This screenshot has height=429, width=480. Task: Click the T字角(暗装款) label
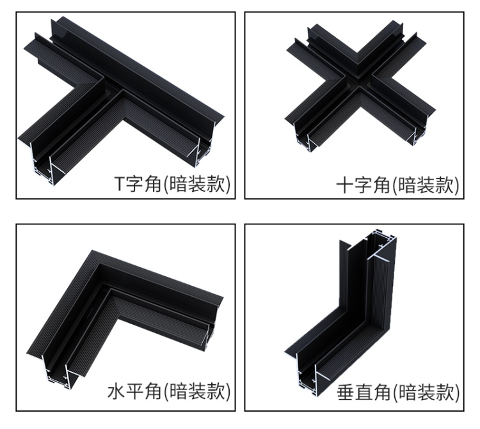(x=172, y=184)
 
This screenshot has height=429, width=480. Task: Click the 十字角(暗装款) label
(x=398, y=185)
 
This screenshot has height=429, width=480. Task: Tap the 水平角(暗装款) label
(x=169, y=392)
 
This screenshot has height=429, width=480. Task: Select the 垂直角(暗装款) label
(x=398, y=393)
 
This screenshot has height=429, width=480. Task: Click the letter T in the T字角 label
(x=120, y=183)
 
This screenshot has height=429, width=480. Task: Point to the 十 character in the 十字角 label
(x=345, y=185)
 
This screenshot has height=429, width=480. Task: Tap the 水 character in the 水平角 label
(x=116, y=392)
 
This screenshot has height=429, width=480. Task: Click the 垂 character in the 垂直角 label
(x=346, y=393)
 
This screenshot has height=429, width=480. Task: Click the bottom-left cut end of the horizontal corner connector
(x=56, y=371)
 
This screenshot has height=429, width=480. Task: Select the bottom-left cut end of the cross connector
(x=303, y=136)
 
